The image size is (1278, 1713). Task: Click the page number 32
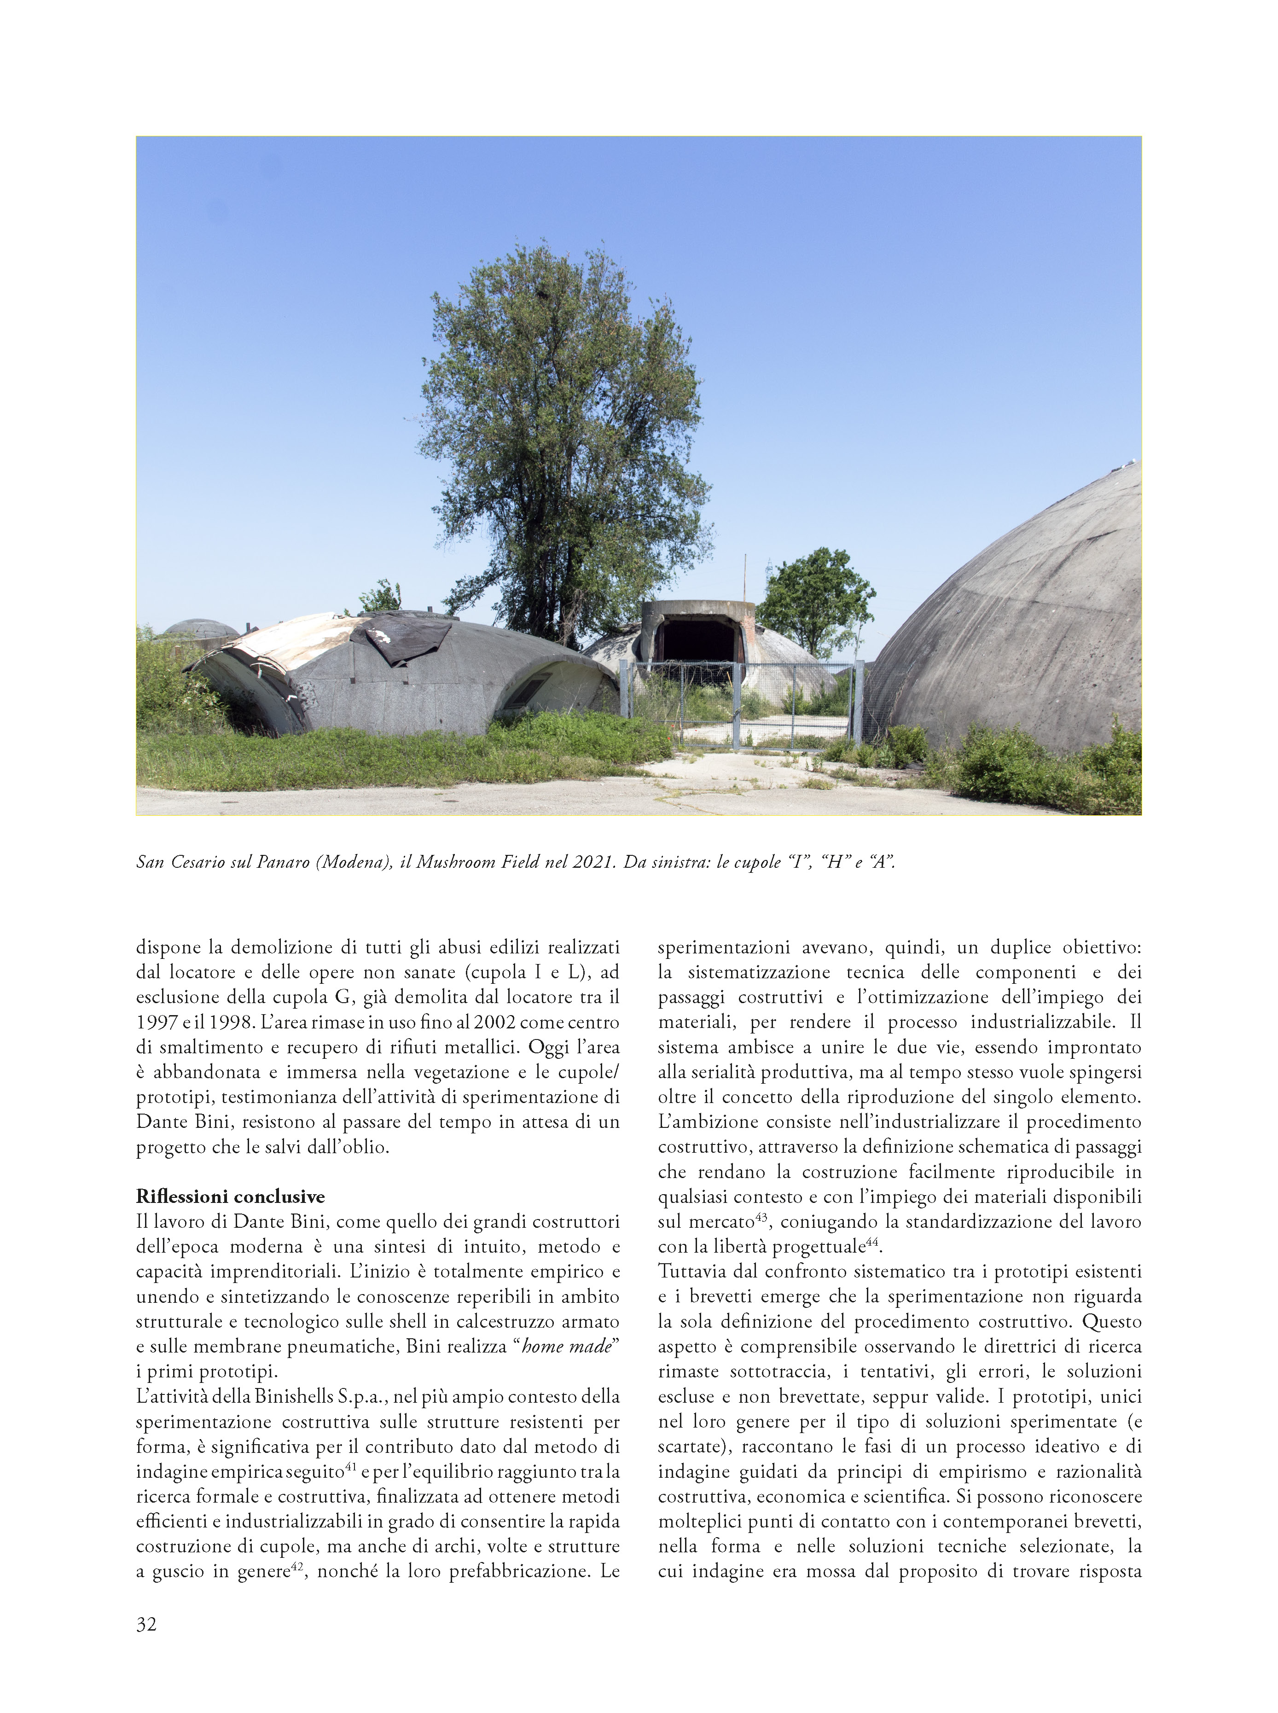(146, 1624)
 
